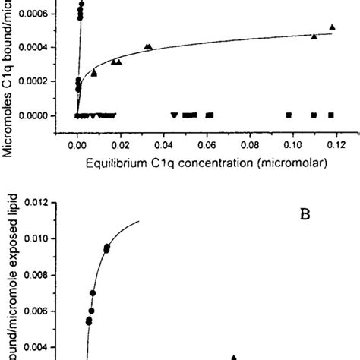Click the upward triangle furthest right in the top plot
point(332,27)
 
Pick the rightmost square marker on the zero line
point(331,115)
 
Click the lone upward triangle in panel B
point(234,336)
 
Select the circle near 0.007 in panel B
point(93,292)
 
